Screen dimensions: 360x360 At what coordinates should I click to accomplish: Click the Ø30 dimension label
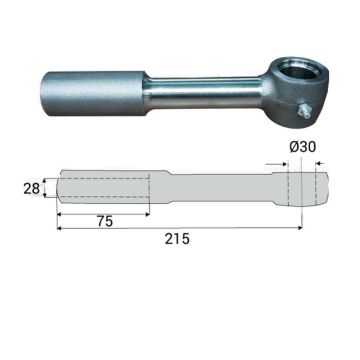coord(303,147)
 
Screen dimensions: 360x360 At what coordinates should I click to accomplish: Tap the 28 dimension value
coord(32,189)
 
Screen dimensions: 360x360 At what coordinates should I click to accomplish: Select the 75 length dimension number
coord(105,222)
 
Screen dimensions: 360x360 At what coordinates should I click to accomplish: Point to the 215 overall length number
coord(177,239)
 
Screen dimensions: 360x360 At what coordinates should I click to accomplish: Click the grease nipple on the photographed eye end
coord(304,111)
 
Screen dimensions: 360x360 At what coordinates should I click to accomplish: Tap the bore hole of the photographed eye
coord(298,71)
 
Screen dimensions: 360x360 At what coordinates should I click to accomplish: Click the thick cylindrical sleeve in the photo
coord(94,93)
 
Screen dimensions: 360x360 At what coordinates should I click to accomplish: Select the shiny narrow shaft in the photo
coord(204,92)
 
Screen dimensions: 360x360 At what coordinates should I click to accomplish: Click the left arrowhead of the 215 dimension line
coord(60,228)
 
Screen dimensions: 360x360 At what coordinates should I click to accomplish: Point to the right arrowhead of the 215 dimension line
coord(299,228)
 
